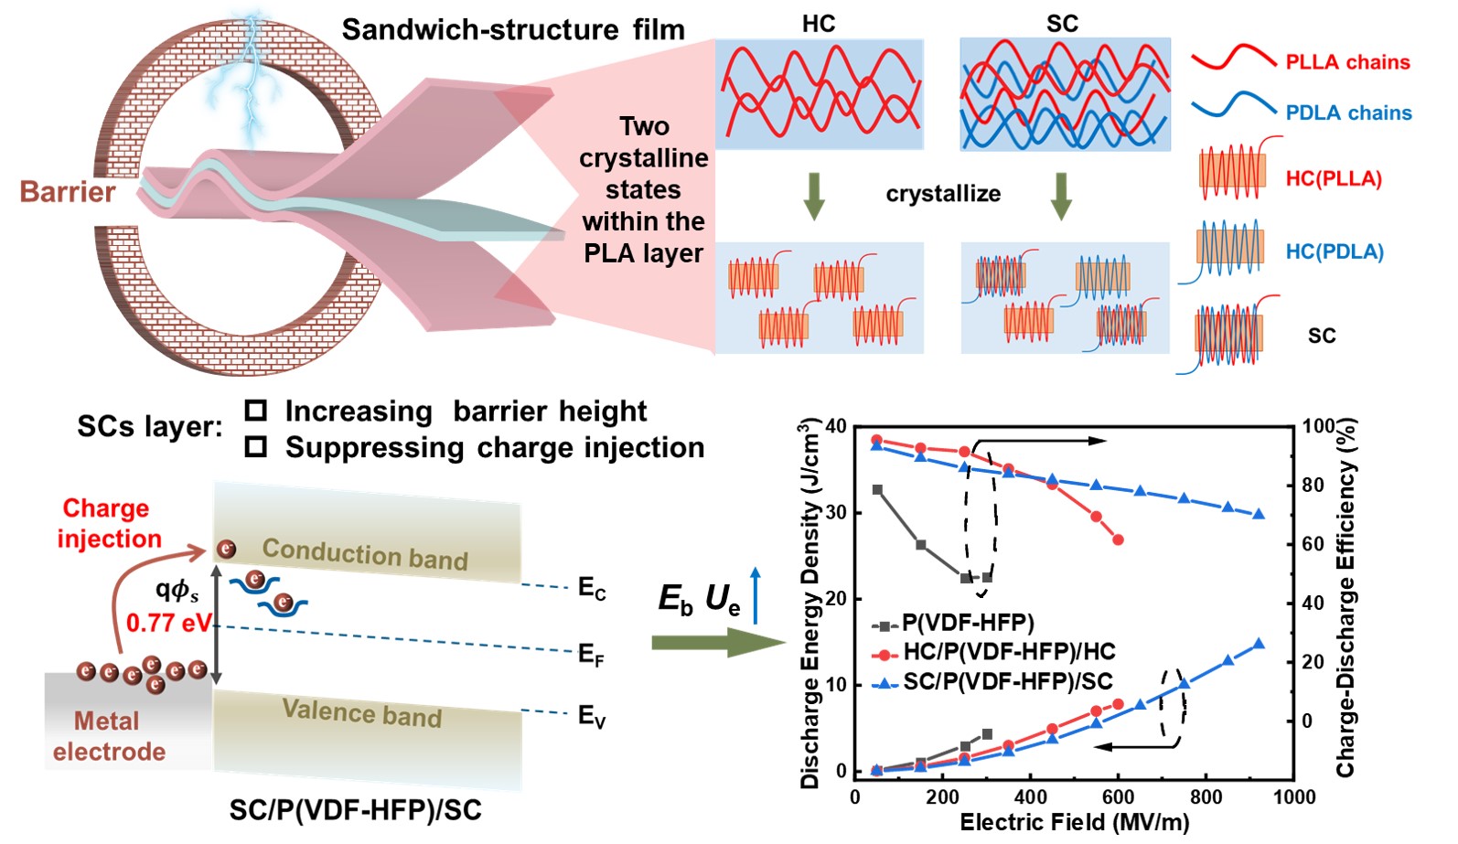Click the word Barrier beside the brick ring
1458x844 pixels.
click(68, 192)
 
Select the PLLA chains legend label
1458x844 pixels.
click(1347, 62)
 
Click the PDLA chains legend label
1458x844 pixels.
click(1348, 112)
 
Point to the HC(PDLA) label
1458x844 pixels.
click(1334, 251)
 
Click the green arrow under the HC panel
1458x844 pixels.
click(813, 196)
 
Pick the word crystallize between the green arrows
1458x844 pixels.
click(943, 194)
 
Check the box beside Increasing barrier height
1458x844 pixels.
click(256, 411)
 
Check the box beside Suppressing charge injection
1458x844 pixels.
click(256, 447)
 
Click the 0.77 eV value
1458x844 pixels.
click(169, 623)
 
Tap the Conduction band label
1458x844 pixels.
click(365, 553)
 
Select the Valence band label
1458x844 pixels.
click(362, 712)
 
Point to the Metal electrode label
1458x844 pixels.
click(108, 736)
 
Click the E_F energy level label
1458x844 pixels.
click(591, 655)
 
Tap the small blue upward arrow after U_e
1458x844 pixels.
click(756, 595)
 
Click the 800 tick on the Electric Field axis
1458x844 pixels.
click(1206, 796)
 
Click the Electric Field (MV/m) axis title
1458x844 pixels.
click(1074, 823)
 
